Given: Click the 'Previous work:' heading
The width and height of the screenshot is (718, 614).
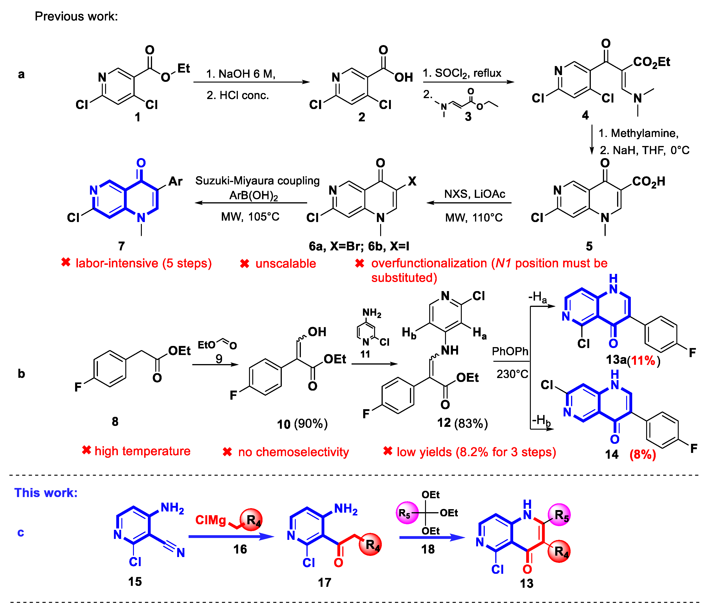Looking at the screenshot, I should [x=76, y=16].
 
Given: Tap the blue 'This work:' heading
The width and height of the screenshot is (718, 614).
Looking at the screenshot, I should [x=46, y=492].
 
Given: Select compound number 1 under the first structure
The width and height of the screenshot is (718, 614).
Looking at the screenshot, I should [x=138, y=117].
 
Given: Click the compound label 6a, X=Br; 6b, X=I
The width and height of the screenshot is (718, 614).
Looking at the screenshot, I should [x=359, y=246].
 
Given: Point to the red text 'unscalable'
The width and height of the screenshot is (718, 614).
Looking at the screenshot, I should [x=286, y=264].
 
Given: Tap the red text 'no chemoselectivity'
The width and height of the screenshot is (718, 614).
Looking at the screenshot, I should [x=293, y=452].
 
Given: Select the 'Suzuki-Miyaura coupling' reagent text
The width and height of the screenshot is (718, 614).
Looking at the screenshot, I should [x=257, y=181].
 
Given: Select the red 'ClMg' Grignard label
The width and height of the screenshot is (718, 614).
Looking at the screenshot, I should [x=210, y=520].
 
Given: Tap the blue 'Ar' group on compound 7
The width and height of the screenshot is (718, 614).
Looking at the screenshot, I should [x=175, y=181].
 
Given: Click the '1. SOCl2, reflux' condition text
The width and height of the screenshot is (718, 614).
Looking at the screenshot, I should [x=462, y=73].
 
